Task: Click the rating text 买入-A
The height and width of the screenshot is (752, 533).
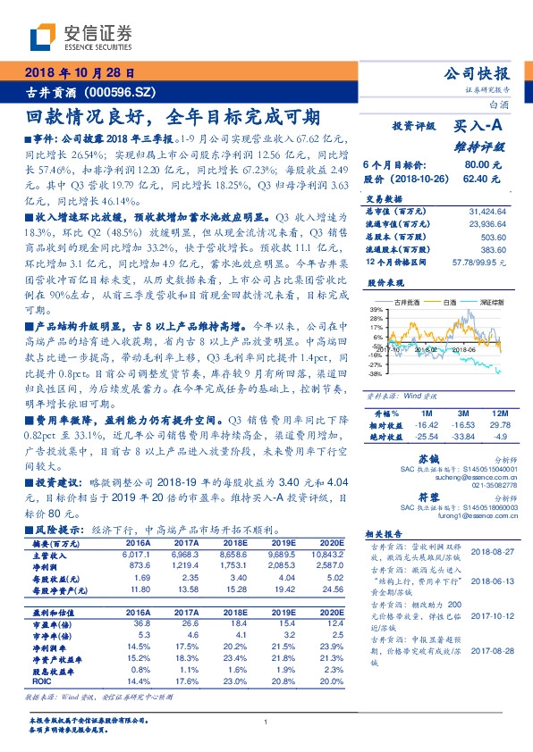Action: tap(479, 128)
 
